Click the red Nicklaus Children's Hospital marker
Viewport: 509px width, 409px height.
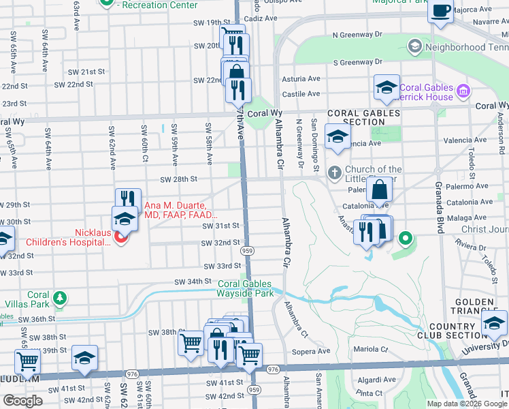(x=120, y=238)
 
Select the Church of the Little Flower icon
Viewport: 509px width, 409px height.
(x=334, y=173)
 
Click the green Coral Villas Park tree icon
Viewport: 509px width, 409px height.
(x=60, y=297)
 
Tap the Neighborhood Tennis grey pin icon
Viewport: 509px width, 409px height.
(x=414, y=46)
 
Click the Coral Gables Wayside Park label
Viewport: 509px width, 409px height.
(x=245, y=288)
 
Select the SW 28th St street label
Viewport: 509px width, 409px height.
(x=178, y=179)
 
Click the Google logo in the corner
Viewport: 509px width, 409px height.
(x=22, y=400)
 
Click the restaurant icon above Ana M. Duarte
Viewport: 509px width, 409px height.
(x=128, y=198)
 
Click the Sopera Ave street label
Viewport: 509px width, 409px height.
(x=314, y=352)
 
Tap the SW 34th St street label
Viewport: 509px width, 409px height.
(x=193, y=281)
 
